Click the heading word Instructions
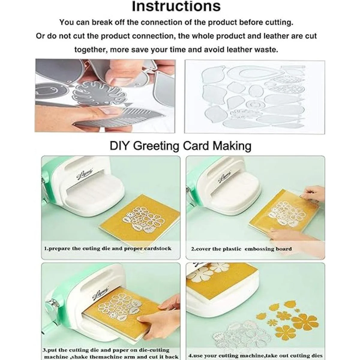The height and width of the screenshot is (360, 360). click(x=176, y=6)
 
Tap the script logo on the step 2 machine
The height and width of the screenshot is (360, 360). click(x=225, y=176)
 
